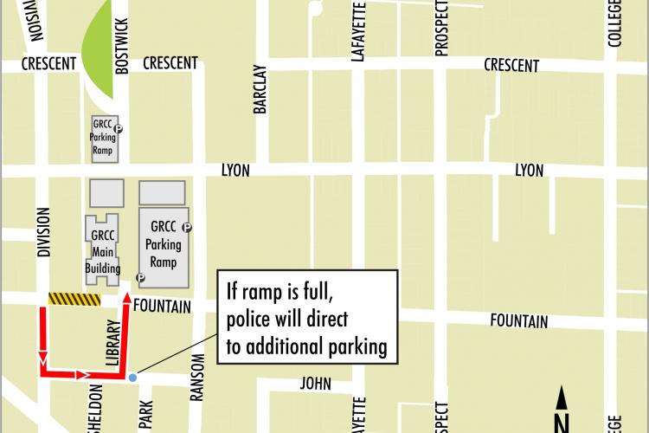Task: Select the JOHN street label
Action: (x=317, y=383)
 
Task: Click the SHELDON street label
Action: (x=94, y=407)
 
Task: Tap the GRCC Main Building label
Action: (x=102, y=251)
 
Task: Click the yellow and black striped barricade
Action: (x=74, y=299)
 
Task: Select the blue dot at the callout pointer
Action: (x=132, y=378)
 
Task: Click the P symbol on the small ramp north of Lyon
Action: (x=119, y=129)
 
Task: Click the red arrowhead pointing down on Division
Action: (x=41, y=357)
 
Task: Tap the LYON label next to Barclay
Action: (x=235, y=171)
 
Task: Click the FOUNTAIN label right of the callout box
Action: (x=518, y=322)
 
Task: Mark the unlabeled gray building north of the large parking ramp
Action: (x=162, y=192)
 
